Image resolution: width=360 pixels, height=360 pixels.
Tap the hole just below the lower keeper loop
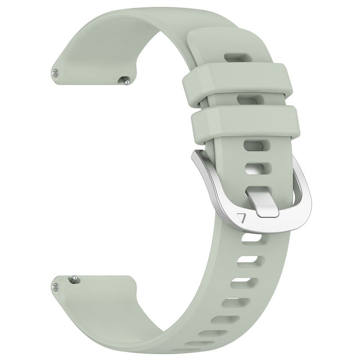pyautogui.click(x=253, y=145)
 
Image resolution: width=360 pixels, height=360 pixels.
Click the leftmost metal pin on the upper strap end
pyautogui.click(x=55, y=72)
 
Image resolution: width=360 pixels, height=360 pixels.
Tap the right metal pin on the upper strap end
pyautogui.click(x=125, y=81)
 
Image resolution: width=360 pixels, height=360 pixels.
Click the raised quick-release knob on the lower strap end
pyautogui.click(x=72, y=279)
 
